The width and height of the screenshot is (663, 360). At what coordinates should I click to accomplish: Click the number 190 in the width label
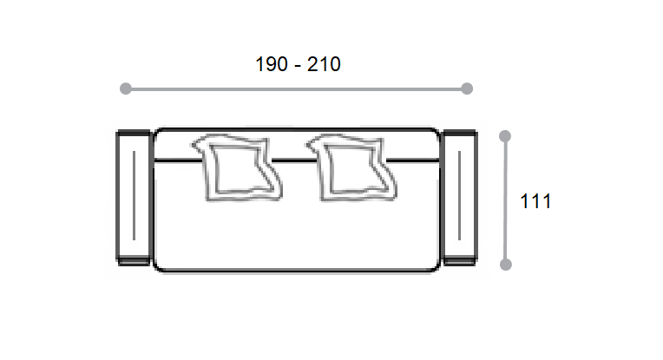coord(272,64)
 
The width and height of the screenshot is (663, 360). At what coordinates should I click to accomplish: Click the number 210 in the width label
coord(324,64)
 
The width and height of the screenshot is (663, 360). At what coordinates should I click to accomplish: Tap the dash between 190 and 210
coord(298,66)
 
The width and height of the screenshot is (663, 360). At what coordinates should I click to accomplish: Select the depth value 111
coord(535,201)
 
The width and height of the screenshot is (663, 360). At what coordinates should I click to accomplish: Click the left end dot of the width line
coord(126,88)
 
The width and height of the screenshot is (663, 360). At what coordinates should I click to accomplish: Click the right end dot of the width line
coord(467,88)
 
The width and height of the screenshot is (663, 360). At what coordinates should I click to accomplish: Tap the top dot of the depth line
coord(505,136)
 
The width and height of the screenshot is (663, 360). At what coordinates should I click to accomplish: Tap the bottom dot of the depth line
coord(506,265)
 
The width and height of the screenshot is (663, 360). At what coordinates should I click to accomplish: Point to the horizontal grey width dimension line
coord(296,89)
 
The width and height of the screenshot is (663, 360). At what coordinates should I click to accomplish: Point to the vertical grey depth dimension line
coord(505,200)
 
